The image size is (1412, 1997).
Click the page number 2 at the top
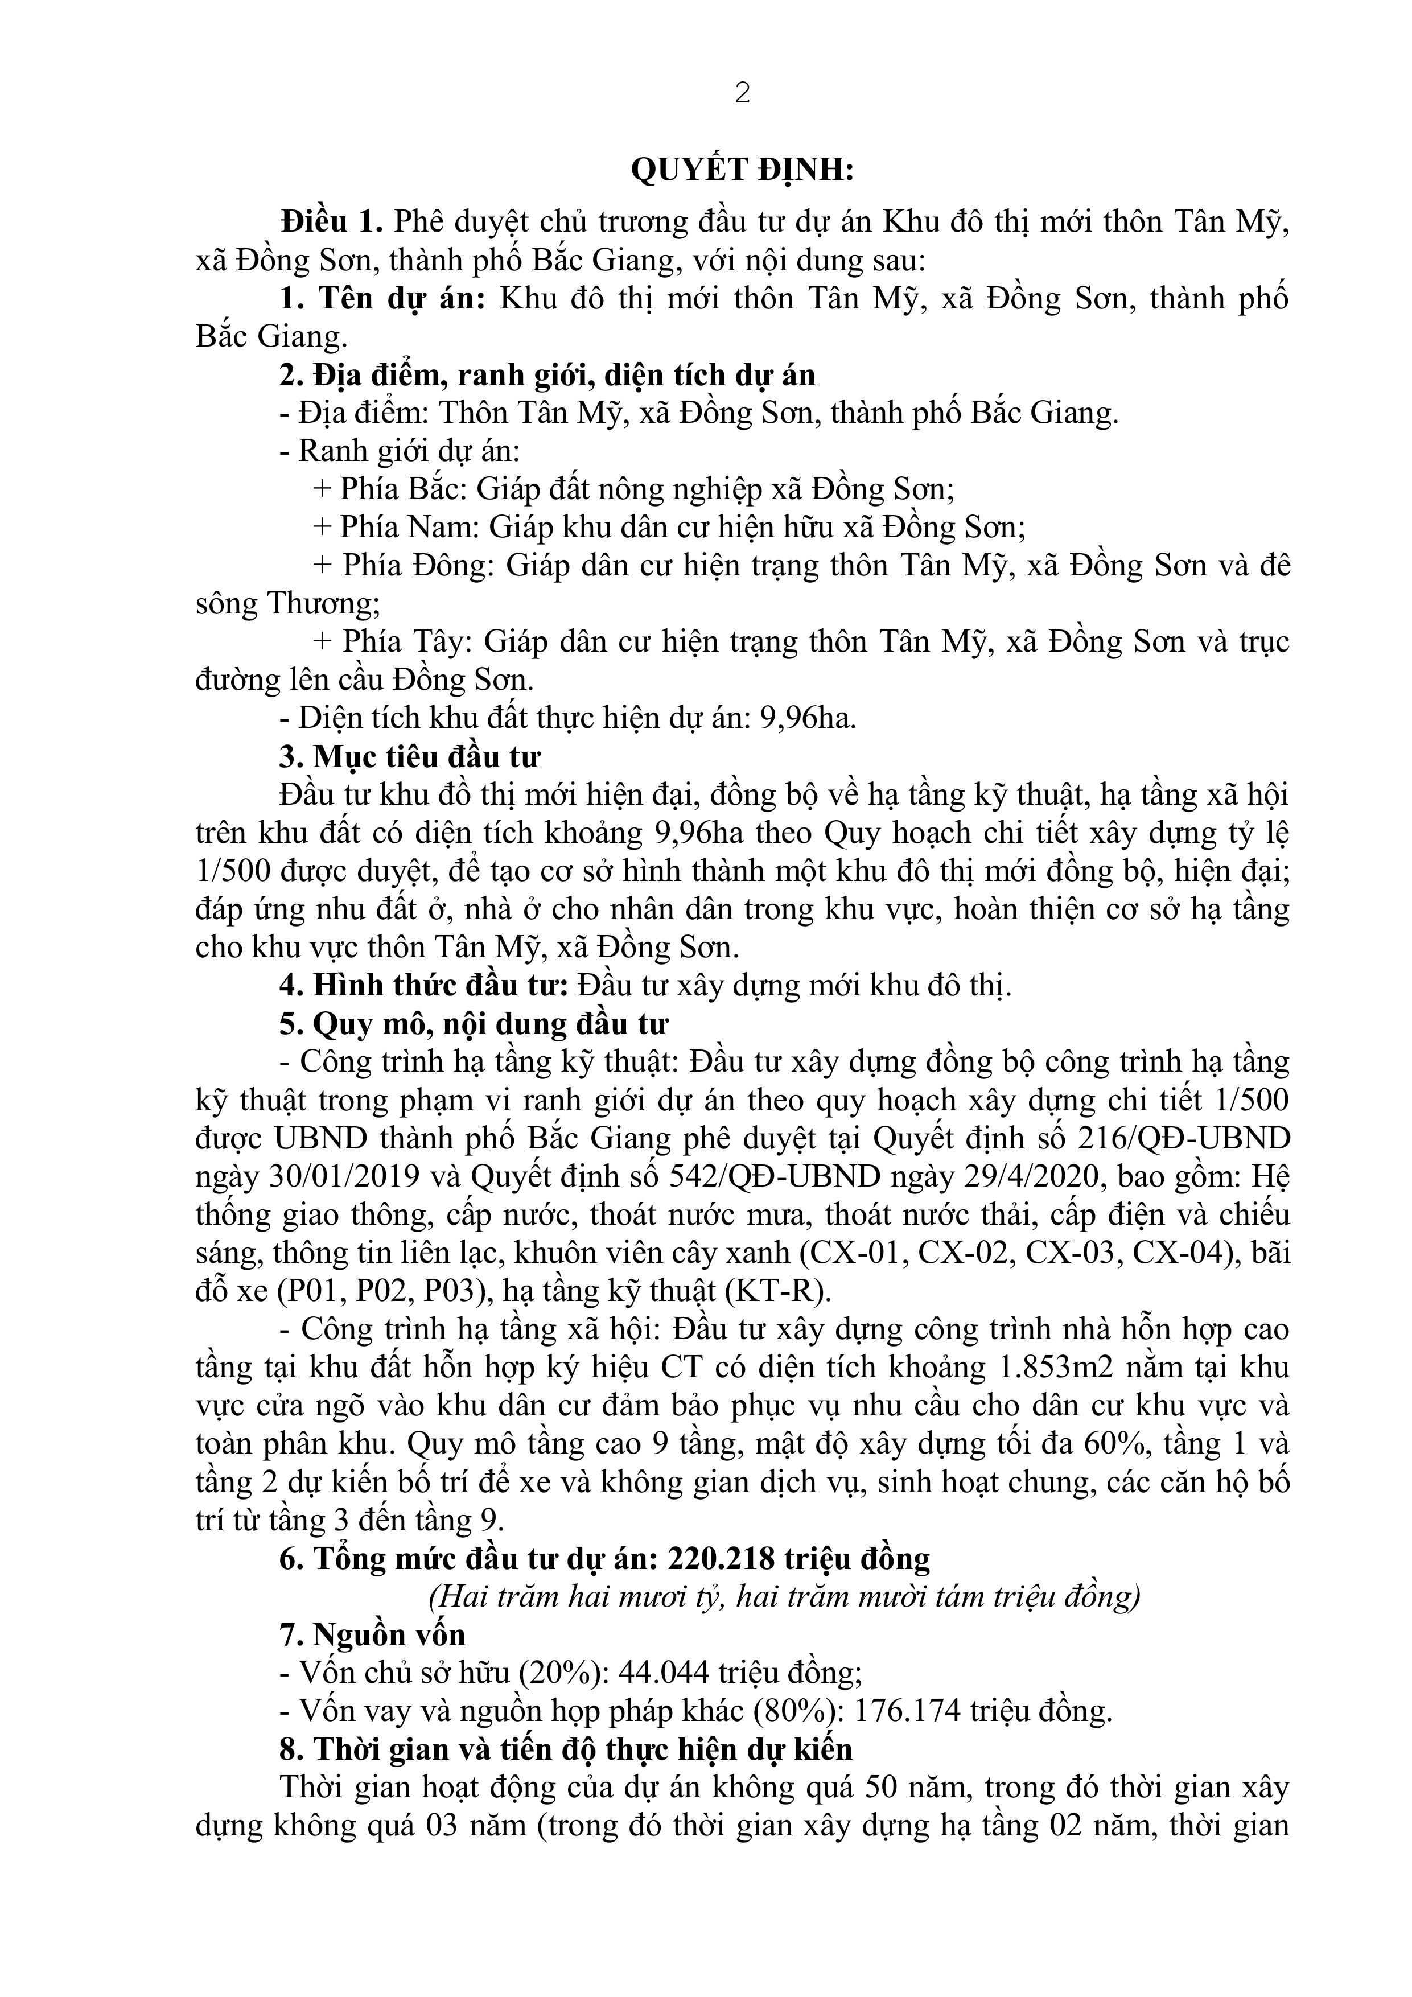pos(742,94)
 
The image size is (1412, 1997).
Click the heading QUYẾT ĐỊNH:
pos(742,171)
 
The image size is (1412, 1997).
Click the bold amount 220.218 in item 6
pos(721,1559)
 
